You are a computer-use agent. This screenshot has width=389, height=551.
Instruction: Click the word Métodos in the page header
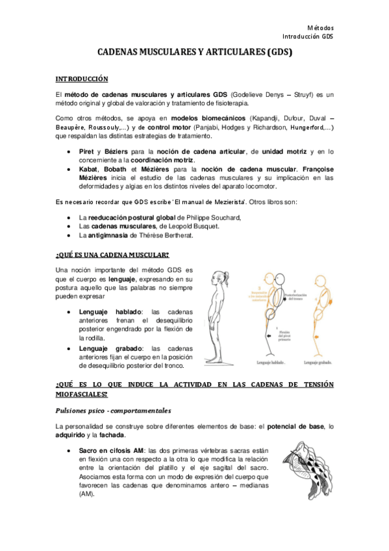pos(320,28)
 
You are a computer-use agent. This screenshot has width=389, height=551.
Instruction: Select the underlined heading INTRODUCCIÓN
pos(81,79)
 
